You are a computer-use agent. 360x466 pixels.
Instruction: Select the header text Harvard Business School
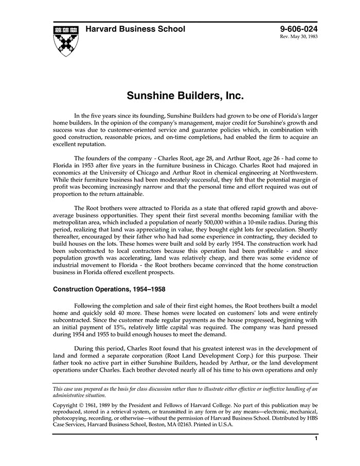pyautogui.click(x=135, y=29)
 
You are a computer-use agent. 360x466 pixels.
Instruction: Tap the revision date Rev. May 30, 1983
pyautogui.click(x=299, y=38)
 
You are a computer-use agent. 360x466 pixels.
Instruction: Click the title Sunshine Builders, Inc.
pyautogui.click(x=185, y=96)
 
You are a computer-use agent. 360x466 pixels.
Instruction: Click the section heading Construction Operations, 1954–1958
pyautogui.click(x=109, y=289)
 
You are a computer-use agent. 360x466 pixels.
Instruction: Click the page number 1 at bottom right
pyautogui.click(x=316, y=439)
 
